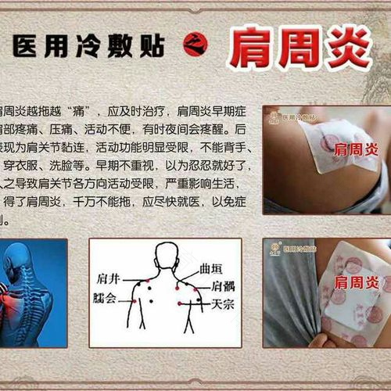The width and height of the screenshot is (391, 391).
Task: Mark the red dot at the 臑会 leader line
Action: click(x=133, y=299)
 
